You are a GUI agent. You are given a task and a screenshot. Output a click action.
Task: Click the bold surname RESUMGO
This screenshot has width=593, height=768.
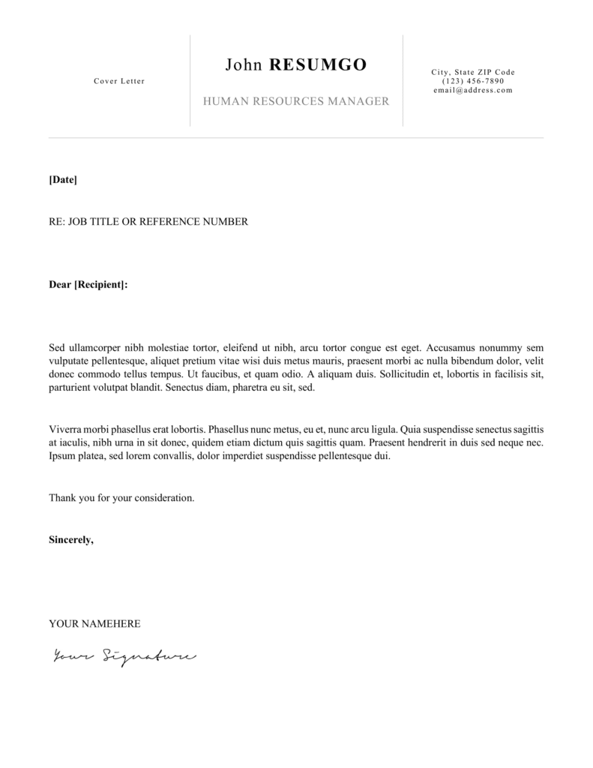pyautogui.click(x=318, y=65)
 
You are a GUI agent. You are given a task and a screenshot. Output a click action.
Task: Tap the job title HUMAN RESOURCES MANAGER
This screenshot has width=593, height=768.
pyautogui.click(x=296, y=101)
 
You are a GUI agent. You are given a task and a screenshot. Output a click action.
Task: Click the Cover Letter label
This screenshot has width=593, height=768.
pyautogui.click(x=119, y=81)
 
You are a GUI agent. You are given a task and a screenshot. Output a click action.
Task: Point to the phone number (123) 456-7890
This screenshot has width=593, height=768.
pyautogui.click(x=473, y=81)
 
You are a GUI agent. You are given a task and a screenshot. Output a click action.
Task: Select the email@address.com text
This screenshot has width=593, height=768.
pyautogui.click(x=473, y=90)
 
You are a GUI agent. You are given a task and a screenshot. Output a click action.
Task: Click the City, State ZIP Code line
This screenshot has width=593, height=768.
pyautogui.click(x=473, y=72)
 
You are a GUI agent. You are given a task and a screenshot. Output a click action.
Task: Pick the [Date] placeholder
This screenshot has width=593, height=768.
pyautogui.click(x=63, y=180)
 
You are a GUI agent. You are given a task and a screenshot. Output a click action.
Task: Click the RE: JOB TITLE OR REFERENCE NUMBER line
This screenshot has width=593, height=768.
pyautogui.click(x=148, y=222)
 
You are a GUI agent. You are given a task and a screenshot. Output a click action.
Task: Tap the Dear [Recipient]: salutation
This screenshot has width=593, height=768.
pyautogui.click(x=88, y=285)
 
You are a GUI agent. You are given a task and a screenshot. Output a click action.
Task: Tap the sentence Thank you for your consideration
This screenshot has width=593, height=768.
pyautogui.click(x=121, y=498)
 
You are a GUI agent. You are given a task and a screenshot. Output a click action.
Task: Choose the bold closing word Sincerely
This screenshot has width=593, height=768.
pyautogui.click(x=71, y=540)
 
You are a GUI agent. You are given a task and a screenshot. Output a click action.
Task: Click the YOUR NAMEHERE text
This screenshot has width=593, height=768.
pyautogui.click(x=94, y=624)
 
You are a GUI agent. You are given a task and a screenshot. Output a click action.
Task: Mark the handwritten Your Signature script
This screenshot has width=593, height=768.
pyautogui.click(x=124, y=657)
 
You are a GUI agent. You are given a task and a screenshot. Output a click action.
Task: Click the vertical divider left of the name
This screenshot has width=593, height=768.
pyautogui.click(x=190, y=80)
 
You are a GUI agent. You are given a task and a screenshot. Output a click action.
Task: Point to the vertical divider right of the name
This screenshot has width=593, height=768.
pyautogui.click(x=403, y=80)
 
